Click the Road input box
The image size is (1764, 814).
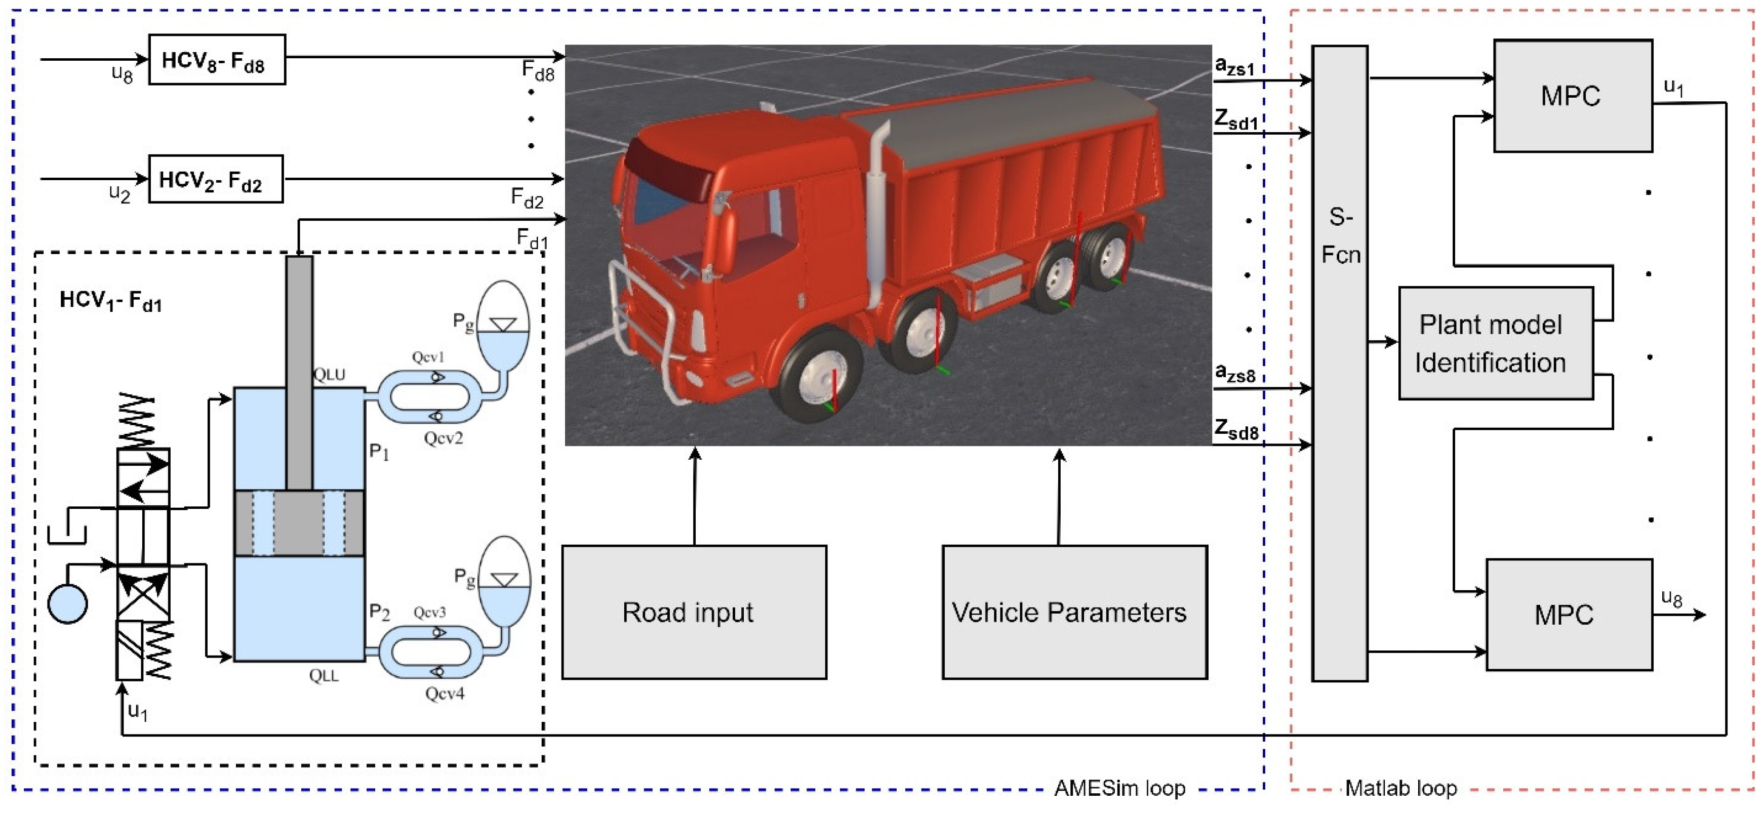(694, 612)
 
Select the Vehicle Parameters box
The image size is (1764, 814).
(1074, 612)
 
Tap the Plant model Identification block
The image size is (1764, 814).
(1495, 343)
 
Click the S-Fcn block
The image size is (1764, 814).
(1339, 363)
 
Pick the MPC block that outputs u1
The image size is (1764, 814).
(1572, 95)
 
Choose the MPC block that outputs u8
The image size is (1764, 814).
(1568, 614)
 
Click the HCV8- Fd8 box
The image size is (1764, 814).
(216, 60)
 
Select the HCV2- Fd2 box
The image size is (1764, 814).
(215, 179)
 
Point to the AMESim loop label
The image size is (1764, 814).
(1119, 788)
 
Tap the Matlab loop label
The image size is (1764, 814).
(1400, 788)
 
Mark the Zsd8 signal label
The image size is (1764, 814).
(1235, 430)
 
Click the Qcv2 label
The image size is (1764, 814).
(443, 437)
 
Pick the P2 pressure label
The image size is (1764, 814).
(379, 612)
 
